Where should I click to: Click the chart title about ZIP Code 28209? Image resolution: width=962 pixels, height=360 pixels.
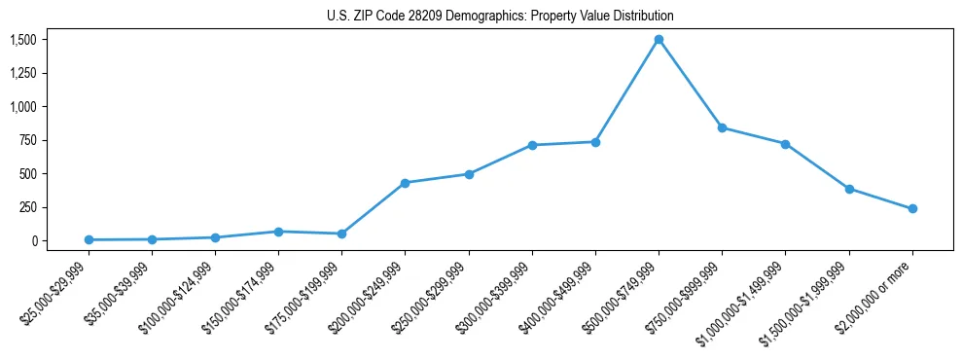click(500, 17)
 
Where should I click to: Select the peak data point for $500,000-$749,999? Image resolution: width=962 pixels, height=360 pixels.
click(659, 40)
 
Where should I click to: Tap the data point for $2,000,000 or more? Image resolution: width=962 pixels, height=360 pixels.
click(912, 208)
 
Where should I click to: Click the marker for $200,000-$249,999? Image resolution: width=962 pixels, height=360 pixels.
click(405, 183)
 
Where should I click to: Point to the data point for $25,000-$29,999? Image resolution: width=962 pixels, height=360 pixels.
click(89, 239)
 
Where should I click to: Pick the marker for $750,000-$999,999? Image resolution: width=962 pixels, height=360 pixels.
click(722, 127)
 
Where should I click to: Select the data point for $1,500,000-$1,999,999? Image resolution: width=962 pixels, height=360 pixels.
click(849, 189)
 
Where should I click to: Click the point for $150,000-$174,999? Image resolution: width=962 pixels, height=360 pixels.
click(278, 232)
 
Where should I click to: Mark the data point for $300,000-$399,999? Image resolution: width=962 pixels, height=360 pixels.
click(532, 145)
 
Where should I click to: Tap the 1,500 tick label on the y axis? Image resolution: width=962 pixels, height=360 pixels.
click(22, 40)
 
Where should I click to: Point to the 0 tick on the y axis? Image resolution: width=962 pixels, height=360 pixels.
click(33, 240)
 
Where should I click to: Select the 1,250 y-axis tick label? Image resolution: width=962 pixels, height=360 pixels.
click(22, 73)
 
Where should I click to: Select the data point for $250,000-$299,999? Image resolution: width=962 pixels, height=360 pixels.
click(469, 174)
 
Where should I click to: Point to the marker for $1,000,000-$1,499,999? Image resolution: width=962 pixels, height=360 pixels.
click(785, 144)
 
